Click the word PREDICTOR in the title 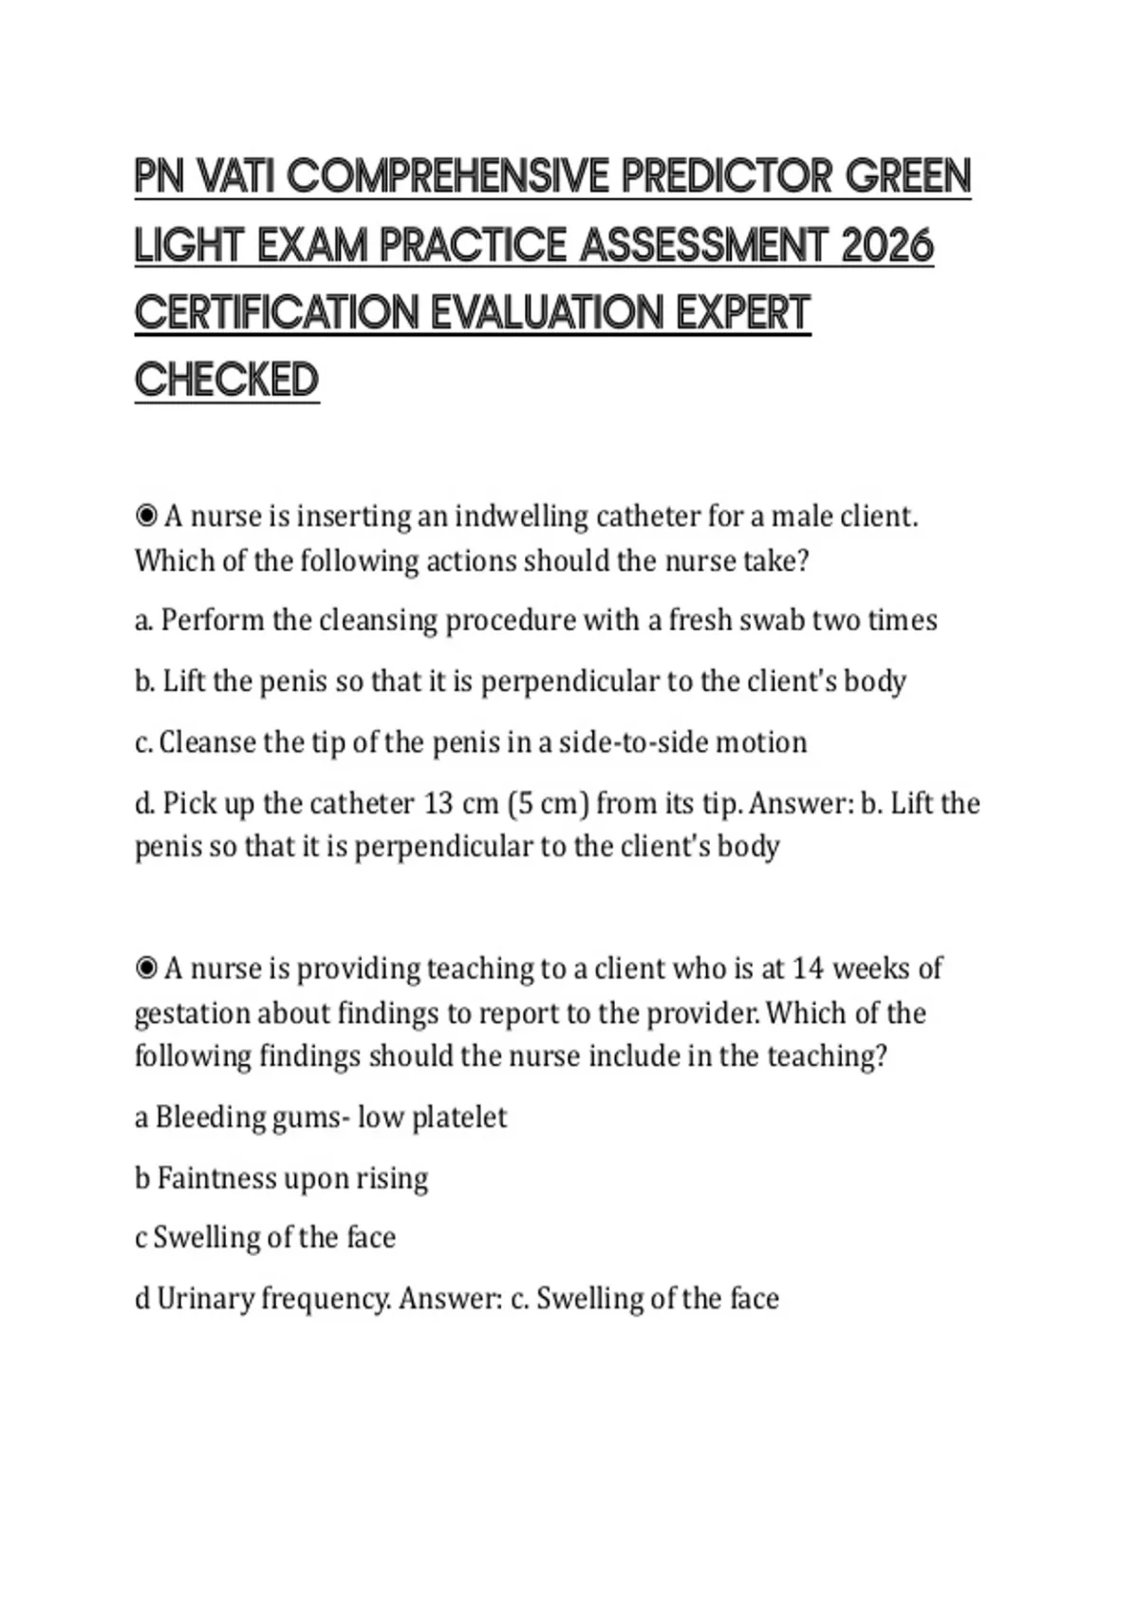point(726,178)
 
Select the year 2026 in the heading point(887,246)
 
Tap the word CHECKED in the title point(227,380)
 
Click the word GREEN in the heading point(908,178)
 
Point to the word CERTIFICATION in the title point(276,313)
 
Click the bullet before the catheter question point(146,516)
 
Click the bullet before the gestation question point(146,968)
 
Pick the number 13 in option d point(438,804)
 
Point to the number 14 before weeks point(808,968)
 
